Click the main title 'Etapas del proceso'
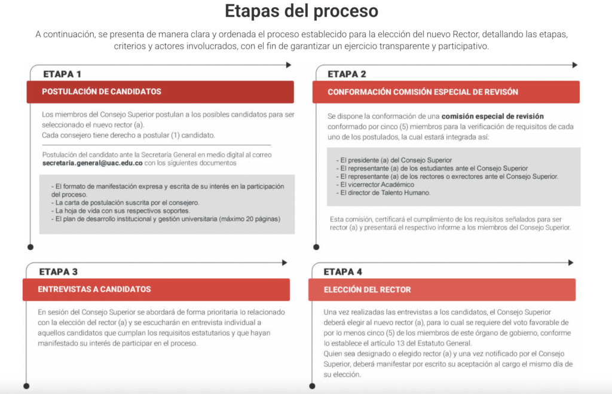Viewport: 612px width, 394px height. pos(301,11)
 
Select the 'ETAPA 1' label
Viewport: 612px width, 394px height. pos(62,74)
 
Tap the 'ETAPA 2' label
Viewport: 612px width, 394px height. pos(347,74)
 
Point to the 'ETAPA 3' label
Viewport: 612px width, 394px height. pos(59,271)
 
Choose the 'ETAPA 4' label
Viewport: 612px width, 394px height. pos(343,271)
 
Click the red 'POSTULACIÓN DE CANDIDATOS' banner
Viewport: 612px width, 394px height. pos(160,92)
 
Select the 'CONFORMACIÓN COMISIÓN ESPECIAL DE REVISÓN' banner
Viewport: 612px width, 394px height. pos(446,92)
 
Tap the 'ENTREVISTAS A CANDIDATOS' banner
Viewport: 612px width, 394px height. pos(156,289)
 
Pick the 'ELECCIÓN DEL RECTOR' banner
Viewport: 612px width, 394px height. pos(442,289)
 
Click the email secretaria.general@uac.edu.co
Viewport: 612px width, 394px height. pos(93,163)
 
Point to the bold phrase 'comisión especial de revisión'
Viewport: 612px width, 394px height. pos(492,116)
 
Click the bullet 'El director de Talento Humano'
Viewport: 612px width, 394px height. pos(384,193)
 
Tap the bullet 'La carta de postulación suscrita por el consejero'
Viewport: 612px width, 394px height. pos(127,203)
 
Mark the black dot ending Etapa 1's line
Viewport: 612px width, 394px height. pos(30,246)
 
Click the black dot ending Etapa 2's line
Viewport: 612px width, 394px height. pos(315,246)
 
